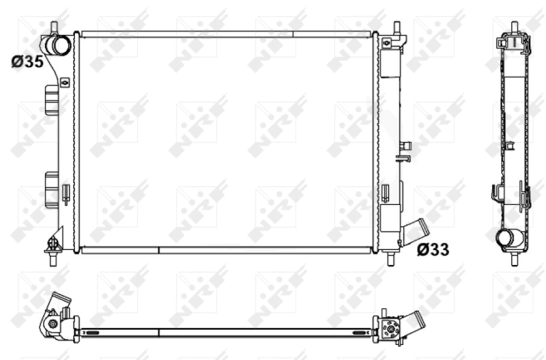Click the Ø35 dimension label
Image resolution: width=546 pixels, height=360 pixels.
[x=27, y=61]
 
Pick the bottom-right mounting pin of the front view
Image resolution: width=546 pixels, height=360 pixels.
[x=390, y=258]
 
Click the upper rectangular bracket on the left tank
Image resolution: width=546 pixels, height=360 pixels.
[x=51, y=102]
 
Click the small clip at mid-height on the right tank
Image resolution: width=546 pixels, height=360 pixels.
[x=404, y=151]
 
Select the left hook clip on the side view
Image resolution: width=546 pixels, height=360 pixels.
[x=495, y=193]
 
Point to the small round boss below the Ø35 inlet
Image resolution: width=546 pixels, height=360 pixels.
[x=66, y=83]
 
